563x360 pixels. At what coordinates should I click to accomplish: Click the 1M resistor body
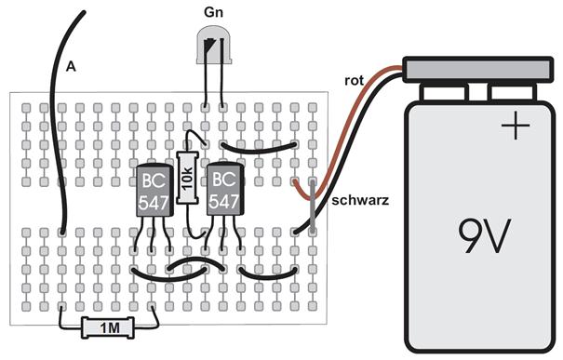pos(108,327)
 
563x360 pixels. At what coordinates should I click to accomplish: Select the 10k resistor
pos(187,178)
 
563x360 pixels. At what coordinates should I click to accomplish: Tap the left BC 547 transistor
pos(154,190)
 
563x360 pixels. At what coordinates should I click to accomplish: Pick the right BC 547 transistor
pos(225,189)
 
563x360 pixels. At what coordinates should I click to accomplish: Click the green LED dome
pos(214,45)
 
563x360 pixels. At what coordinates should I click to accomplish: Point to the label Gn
pos(213,12)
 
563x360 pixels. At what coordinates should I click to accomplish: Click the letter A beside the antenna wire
pos(71,67)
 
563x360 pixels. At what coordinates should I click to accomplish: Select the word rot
pos(354,81)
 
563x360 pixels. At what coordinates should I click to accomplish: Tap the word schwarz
pos(360,200)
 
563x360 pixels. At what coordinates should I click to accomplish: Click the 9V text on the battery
pos(484,236)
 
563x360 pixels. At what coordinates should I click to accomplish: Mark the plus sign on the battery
pos(516,126)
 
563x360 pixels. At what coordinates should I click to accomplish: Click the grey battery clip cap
pos(478,69)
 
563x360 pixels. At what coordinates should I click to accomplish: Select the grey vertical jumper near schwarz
pos(313,207)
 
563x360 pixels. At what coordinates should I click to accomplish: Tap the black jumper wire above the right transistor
pos(259,149)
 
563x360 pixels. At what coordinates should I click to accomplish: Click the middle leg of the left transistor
pos(153,233)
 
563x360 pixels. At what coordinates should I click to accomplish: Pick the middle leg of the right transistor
pos(223,233)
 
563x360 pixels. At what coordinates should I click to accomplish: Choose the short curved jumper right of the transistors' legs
pos(267,274)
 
